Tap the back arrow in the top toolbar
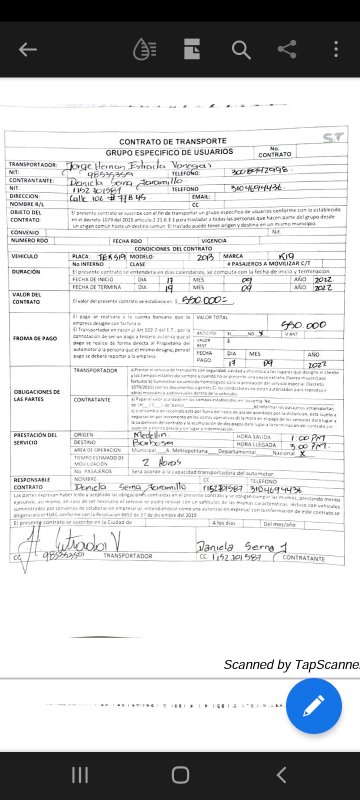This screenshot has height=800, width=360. tap(28, 49)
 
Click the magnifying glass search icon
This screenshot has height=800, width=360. tap(240, 49)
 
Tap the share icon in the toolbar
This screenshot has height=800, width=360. tap(287, 49)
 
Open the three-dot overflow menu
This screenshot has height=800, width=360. tap(336, 49)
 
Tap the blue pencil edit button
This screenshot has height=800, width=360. tap(313, 705)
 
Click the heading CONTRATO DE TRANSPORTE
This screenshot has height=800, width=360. tap(172, 141)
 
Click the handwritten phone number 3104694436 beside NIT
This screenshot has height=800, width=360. tap(257, 188)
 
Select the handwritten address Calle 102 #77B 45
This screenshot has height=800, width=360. tap(107, 197)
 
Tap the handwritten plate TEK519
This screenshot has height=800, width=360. tap(111, 257)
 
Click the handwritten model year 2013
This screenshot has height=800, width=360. tap(205, 257)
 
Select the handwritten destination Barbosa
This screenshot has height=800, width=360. tap(153, 443)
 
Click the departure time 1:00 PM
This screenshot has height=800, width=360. tap(307, 438)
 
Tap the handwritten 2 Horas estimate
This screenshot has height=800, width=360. tap(161, 462)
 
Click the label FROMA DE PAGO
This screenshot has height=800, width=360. tap(35, 338)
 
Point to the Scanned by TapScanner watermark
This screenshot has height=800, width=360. tap(291, 664)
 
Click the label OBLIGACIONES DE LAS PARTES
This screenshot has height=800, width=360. tap(37, 395)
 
